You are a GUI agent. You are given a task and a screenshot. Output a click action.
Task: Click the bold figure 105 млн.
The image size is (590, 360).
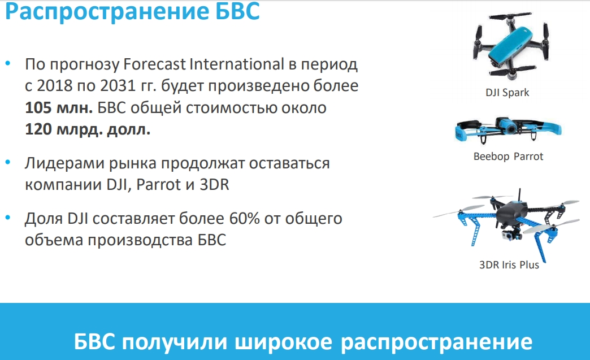(x=59, y=108)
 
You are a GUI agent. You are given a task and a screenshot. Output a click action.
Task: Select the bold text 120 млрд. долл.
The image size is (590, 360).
(x=88, y=129)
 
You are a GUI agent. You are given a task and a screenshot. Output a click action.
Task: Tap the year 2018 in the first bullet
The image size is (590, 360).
(x=55, y=86)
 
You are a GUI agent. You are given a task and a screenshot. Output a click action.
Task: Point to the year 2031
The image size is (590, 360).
(x=118, y=86)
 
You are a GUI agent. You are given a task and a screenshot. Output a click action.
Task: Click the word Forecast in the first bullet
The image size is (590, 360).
(x=154, y=64)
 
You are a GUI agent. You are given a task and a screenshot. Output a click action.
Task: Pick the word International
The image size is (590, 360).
(x=237, y=64)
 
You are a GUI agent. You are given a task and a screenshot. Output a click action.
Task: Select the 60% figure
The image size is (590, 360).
(x=245, y=219)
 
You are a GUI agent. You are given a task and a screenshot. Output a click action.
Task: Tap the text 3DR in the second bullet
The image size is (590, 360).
(x=214, y=185)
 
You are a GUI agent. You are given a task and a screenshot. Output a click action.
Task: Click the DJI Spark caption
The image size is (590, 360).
(x=507, y=93)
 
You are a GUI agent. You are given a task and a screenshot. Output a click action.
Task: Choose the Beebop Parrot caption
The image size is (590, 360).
(x=509, y=157)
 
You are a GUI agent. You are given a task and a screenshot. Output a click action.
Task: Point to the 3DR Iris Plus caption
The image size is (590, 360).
(x=509, y=265)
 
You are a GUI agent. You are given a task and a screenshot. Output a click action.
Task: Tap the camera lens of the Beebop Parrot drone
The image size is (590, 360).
(x=510, y=129)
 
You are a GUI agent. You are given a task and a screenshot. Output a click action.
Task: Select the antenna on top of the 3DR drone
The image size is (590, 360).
(x=519, y=196)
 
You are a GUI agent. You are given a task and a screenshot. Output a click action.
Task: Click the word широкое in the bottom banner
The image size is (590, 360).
(x=284, y=341)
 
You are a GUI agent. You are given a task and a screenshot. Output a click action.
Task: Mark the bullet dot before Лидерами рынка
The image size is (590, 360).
(x=8, y=163)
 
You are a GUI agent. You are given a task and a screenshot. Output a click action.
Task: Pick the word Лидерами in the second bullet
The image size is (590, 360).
(x=64, y=164)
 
